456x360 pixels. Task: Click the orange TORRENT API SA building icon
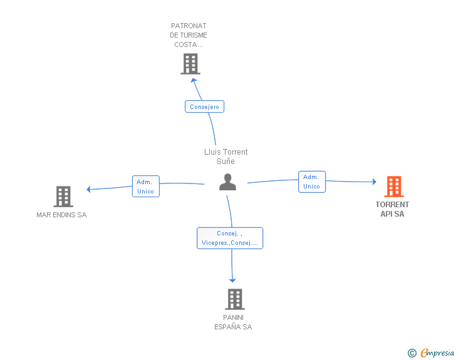click(x=393, y=187)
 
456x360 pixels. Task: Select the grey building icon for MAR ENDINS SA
click(x=63, y=196)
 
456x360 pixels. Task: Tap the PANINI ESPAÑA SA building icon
click(x=234, y=299)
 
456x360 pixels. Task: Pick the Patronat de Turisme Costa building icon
click(x=190, y=64)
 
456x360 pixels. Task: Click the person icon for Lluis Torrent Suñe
click(x=227, y=182)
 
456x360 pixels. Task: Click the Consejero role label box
click(x=204, y=106)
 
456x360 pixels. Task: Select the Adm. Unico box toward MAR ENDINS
click(x=145, y=187)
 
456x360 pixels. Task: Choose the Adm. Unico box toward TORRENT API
click(x=311, y=182)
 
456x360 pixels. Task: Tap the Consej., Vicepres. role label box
click(x=230, y=238)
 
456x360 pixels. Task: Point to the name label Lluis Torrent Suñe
click(x=226, y=157)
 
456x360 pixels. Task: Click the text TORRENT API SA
click(x=393, y=209)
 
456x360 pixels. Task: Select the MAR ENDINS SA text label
click(x=61, y=215)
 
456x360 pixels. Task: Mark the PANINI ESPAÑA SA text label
click(x=233, y=322)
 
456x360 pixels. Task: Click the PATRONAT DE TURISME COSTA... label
click(x=189, y=35)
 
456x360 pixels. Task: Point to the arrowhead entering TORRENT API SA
click(x=373, y=182)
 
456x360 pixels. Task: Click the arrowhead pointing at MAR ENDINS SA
click(x=90, y=189)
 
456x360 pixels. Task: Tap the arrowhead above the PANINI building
click(x=233, y=279)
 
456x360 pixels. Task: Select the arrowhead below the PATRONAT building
click(x=194, y=80)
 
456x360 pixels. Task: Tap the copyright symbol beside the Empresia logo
click(x=412, y=353)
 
